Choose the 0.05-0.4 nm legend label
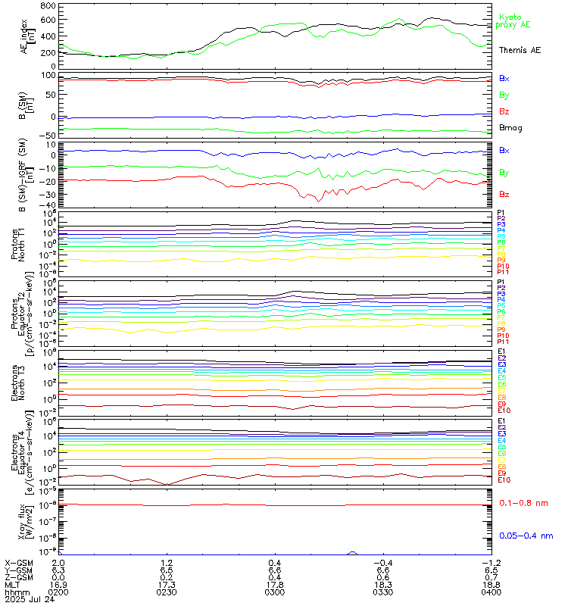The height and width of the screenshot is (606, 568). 523,536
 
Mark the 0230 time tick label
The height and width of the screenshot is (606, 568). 167,591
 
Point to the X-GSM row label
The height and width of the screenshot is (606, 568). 17,564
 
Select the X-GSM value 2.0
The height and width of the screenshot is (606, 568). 59,564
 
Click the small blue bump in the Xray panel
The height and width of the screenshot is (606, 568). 352,553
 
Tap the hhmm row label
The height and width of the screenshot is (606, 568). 14,591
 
